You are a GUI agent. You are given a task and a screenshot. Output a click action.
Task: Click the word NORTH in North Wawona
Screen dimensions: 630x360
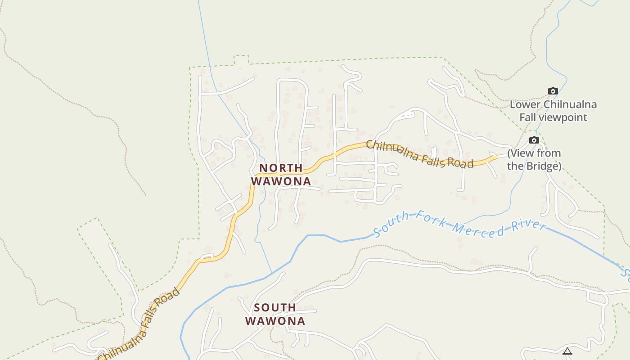[x=281, y=168]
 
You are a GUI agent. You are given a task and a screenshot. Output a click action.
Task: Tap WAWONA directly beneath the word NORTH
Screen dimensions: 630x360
[x=281, y=181]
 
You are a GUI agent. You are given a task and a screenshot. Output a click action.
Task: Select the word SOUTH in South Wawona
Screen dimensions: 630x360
[x=275, y=308]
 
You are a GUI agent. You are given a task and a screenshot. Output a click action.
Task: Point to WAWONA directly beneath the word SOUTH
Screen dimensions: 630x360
[x=275, y=321]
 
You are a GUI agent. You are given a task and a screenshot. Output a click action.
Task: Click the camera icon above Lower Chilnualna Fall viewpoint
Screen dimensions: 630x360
[x=553, y=91]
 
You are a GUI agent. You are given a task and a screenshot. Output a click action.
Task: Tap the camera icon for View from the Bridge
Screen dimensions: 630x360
[x=534, y=140]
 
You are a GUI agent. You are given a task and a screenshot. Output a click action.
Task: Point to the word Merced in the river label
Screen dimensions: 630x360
[x=478, y=229]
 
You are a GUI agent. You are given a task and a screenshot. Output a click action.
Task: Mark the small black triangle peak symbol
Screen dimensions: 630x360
[x=567, y=351]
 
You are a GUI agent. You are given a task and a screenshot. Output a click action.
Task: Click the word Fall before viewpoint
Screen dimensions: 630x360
[x=529, y=117]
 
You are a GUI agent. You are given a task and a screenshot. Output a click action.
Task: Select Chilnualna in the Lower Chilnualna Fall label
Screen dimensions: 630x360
[x=570, y=105]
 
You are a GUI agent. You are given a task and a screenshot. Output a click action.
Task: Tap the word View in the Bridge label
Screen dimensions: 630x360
[x=522, y=153]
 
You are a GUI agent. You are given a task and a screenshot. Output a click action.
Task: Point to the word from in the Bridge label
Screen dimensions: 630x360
[x=549, y=153]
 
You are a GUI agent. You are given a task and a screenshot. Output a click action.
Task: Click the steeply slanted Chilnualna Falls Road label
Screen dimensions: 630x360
[x=140, y=324]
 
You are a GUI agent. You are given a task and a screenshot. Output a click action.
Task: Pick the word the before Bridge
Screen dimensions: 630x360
[x=514, y=166]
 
